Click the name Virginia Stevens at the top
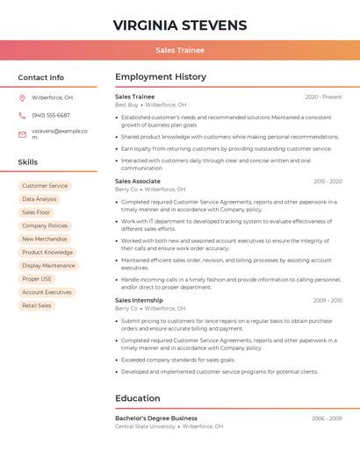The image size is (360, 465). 180,25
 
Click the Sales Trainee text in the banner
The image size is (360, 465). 180,51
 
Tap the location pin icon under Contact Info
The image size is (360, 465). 22,97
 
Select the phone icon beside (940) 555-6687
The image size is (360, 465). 22,115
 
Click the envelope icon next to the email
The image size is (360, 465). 22,133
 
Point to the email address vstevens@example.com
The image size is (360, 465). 60,133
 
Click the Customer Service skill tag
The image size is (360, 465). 45,186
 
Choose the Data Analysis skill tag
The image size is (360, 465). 40,199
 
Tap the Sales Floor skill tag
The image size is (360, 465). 36,212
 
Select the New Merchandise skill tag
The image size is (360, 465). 45,239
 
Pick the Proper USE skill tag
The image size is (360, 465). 37,279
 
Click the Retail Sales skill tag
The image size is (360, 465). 37,305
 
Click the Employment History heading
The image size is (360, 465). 161,77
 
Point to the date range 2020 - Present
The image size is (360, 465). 323,97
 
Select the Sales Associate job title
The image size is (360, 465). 137,181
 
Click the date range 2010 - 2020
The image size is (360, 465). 328,181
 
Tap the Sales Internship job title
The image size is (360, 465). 138,300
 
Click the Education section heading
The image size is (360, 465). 138,398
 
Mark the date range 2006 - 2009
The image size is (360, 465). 327,418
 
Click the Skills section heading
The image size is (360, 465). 28,162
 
